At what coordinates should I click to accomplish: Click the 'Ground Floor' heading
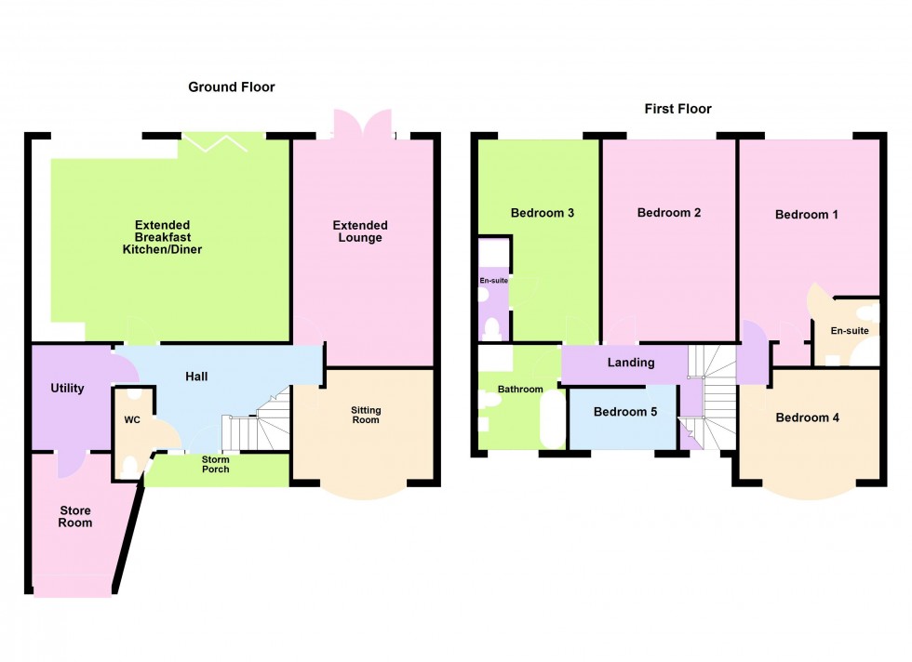231,87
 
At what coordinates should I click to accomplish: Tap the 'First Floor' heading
677,109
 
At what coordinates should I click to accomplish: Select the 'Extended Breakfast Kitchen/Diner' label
168,237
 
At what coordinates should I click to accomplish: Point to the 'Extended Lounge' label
360,232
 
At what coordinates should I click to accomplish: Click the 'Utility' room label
67,388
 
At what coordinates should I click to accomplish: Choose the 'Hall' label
195,377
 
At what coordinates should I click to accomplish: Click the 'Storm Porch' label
216,463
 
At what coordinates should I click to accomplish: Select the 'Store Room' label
75,516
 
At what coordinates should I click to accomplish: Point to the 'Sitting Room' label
366,416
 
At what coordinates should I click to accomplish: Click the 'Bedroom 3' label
542,213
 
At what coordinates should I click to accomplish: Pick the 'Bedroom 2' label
668,213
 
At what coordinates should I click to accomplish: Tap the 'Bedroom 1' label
807,215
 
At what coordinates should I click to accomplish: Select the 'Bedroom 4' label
807,417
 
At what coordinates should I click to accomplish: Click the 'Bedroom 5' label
624,412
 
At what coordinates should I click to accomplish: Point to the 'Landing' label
631,363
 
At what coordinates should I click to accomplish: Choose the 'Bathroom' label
519,390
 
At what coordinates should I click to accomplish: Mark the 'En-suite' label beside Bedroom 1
849,330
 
